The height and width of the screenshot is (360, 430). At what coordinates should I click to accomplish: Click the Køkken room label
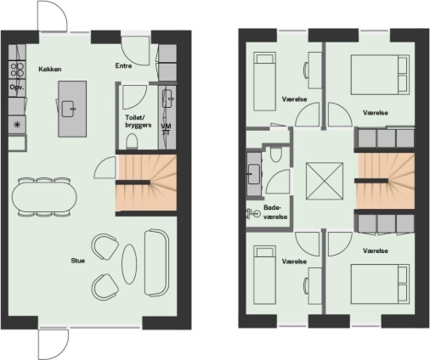[50, 69]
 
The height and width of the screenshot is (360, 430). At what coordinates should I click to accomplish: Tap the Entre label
[123, 65]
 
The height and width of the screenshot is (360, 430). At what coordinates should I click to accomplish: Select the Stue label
[78, 261]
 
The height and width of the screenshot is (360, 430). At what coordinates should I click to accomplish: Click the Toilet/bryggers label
[139, 121]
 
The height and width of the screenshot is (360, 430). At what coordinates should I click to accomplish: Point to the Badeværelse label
[275, 212]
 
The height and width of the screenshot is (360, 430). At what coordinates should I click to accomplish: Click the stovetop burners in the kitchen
[17, 70]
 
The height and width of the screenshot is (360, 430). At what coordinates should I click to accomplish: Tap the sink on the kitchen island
[69, 109]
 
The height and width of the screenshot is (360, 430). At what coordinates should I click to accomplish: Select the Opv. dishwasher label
[17, 87]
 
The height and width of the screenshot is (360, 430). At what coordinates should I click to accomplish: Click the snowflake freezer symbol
[17, 124]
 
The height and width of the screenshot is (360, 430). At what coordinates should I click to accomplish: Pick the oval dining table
[44, 197]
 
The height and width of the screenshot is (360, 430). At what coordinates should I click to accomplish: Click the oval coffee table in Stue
[129, 264]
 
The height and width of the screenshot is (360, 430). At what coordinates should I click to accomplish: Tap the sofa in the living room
[156, 263]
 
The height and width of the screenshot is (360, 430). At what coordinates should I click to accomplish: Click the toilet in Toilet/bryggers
[132, 141]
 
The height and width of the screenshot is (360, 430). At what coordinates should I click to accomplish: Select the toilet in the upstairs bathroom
[275, 155]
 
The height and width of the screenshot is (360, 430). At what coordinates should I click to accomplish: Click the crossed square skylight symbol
[325, 181]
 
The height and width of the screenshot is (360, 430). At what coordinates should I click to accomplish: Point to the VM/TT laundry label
[166, 129]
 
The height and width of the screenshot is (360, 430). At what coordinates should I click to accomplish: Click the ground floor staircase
[146, 183]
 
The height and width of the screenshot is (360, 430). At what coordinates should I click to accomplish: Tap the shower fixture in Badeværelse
[253, 213]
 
